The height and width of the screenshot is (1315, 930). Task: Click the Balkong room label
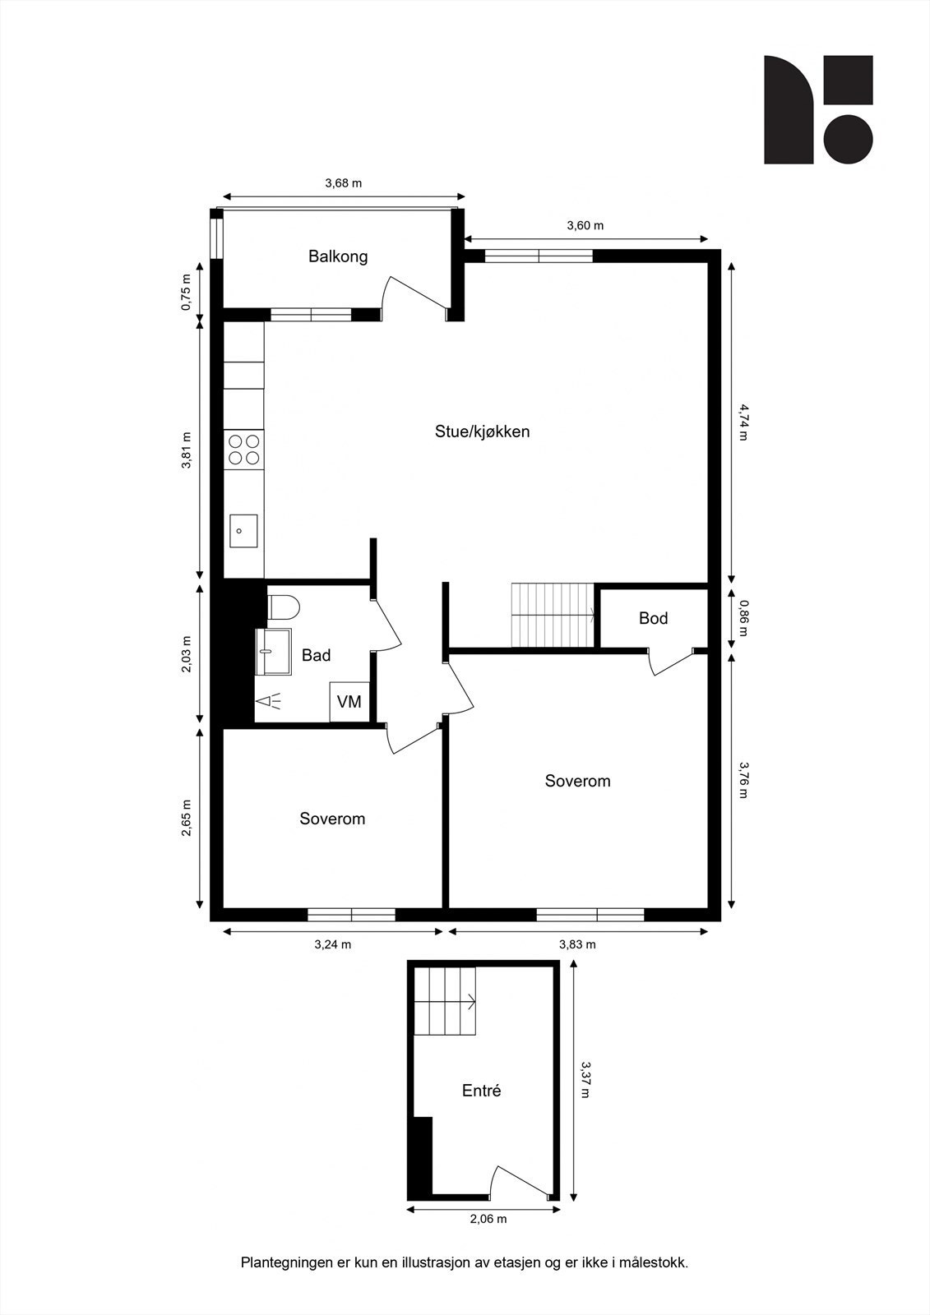pyautogui.click(x=338, y=256)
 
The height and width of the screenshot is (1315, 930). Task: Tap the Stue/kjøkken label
pyautogui.click(x=482, y=431)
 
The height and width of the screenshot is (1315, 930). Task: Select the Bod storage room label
pyautogui.click(x=653, y=618)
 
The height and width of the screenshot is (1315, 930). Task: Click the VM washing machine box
pyautogui.click(x=349, y=702)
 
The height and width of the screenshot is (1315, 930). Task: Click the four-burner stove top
pyautogui.click(x=244, y=450)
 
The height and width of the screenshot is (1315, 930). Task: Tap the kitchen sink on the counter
pyautogui.click(x=243, y=531)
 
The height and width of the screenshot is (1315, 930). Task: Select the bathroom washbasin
pyautogui.click(x=273, y=652)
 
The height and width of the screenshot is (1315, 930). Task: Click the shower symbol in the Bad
pyautogui.click(x=268, y=701)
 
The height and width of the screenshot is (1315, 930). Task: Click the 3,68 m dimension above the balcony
pyautogui.click(x=343, y=183)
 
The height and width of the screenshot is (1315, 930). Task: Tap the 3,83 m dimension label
pyautogui.click(x=577, y=944)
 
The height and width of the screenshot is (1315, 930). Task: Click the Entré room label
pyautogui.click(x=481, y=1091)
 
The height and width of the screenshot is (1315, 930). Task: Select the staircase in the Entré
pyautogui.click(x=445, y=1002)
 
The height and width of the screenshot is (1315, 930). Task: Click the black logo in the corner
pyautogui.click(x=817, y=109)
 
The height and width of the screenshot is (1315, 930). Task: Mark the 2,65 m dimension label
pyautogui.click(x=187, y=818)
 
